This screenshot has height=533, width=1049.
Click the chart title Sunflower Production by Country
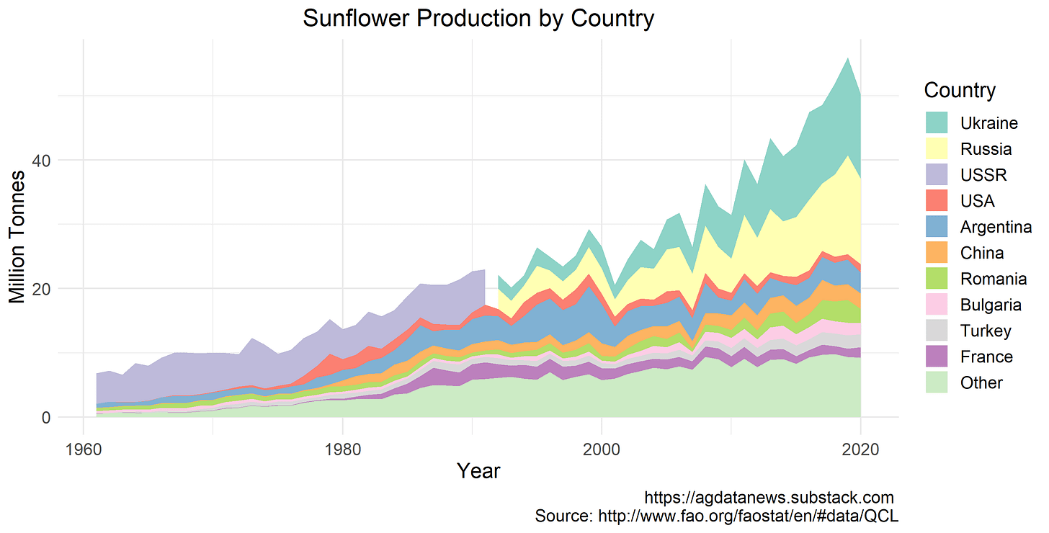point(478,18)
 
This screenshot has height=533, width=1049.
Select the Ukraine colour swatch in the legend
point(937,123)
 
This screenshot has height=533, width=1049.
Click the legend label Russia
point(986,149)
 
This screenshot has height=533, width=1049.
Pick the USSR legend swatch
point(937,175)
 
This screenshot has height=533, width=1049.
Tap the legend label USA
point(978,201)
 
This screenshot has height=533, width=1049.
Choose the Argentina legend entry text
point(996,227)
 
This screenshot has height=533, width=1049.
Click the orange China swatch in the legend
point(937,253)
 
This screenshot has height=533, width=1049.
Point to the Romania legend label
point(994,279)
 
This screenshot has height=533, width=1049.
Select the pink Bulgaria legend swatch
point(937,305)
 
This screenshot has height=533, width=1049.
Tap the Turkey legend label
point(986,331)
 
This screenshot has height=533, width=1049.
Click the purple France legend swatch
point(937,357)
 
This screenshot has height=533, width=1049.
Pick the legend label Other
point(981,382)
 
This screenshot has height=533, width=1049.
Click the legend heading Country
point(960,91)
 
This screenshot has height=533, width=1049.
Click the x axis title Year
point(478,471)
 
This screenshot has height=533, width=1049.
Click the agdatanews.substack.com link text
point(769,498)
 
